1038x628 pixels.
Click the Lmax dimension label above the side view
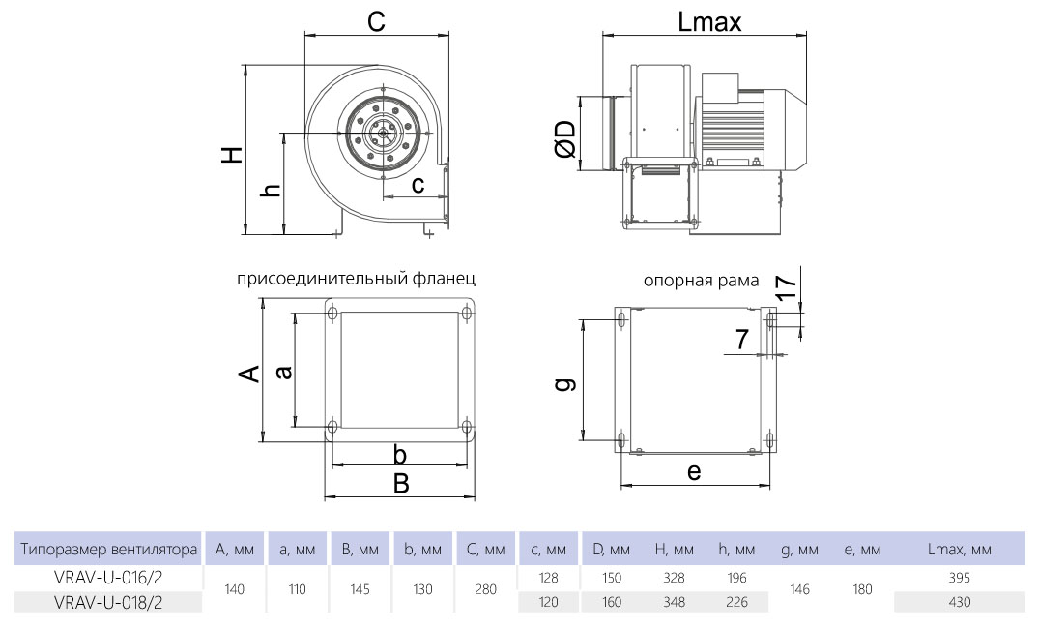(709, 22)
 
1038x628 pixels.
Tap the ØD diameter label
(565, 139)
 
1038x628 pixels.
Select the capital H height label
(232, 155)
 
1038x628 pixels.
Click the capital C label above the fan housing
(375, 22)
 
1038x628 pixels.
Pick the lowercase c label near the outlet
(418, 185)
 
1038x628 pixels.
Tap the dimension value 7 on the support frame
(742, 339)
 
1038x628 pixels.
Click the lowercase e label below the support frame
(694, 471)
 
